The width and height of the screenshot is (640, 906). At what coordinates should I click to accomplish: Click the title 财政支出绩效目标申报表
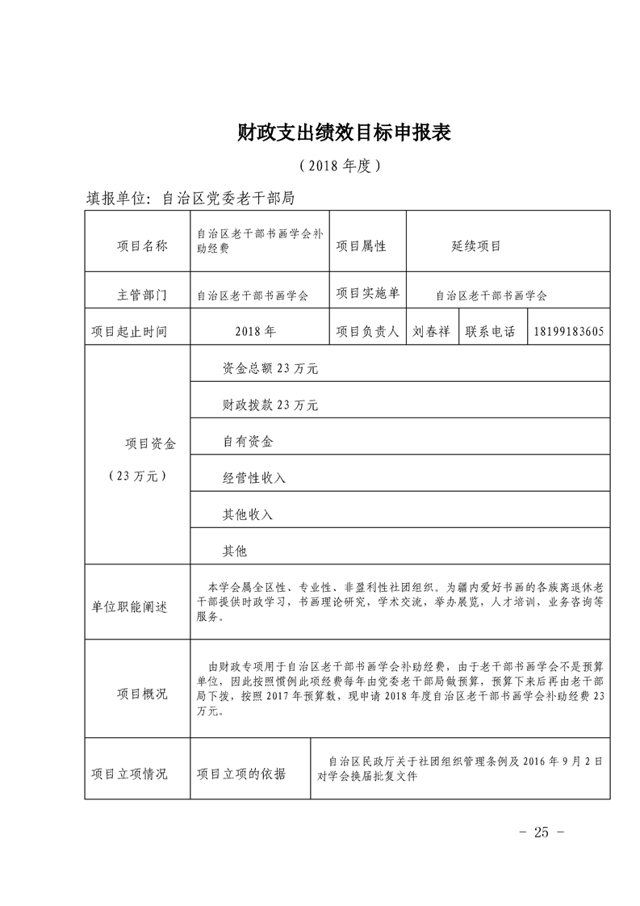tap(344, 132)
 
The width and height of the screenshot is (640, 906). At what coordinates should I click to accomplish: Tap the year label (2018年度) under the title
tap(339, 166)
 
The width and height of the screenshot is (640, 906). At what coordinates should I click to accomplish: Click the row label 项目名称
tap(138, 246)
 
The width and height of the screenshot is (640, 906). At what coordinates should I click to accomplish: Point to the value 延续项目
tap(477, 246)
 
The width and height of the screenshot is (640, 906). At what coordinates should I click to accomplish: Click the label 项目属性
tap(361, 246)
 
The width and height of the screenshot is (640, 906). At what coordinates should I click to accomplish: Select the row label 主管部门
tap(138, 296)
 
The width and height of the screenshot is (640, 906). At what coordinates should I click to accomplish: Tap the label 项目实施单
tap(367, 294)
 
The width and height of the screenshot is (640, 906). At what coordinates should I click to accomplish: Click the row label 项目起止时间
tap(129, 332)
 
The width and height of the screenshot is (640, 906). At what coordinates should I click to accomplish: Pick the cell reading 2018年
tap(256, 332)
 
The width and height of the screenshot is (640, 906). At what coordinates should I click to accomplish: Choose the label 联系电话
tap(490, 332)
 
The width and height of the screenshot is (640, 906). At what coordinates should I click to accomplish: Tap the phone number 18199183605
tap(569, 332)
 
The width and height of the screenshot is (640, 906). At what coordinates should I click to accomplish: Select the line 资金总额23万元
tap(270, 369)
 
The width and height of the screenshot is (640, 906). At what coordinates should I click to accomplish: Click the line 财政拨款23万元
tap(270, 405)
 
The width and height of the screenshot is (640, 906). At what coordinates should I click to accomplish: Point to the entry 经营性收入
tap(254, 478)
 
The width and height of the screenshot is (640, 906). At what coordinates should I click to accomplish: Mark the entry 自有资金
tap(248, 442)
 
